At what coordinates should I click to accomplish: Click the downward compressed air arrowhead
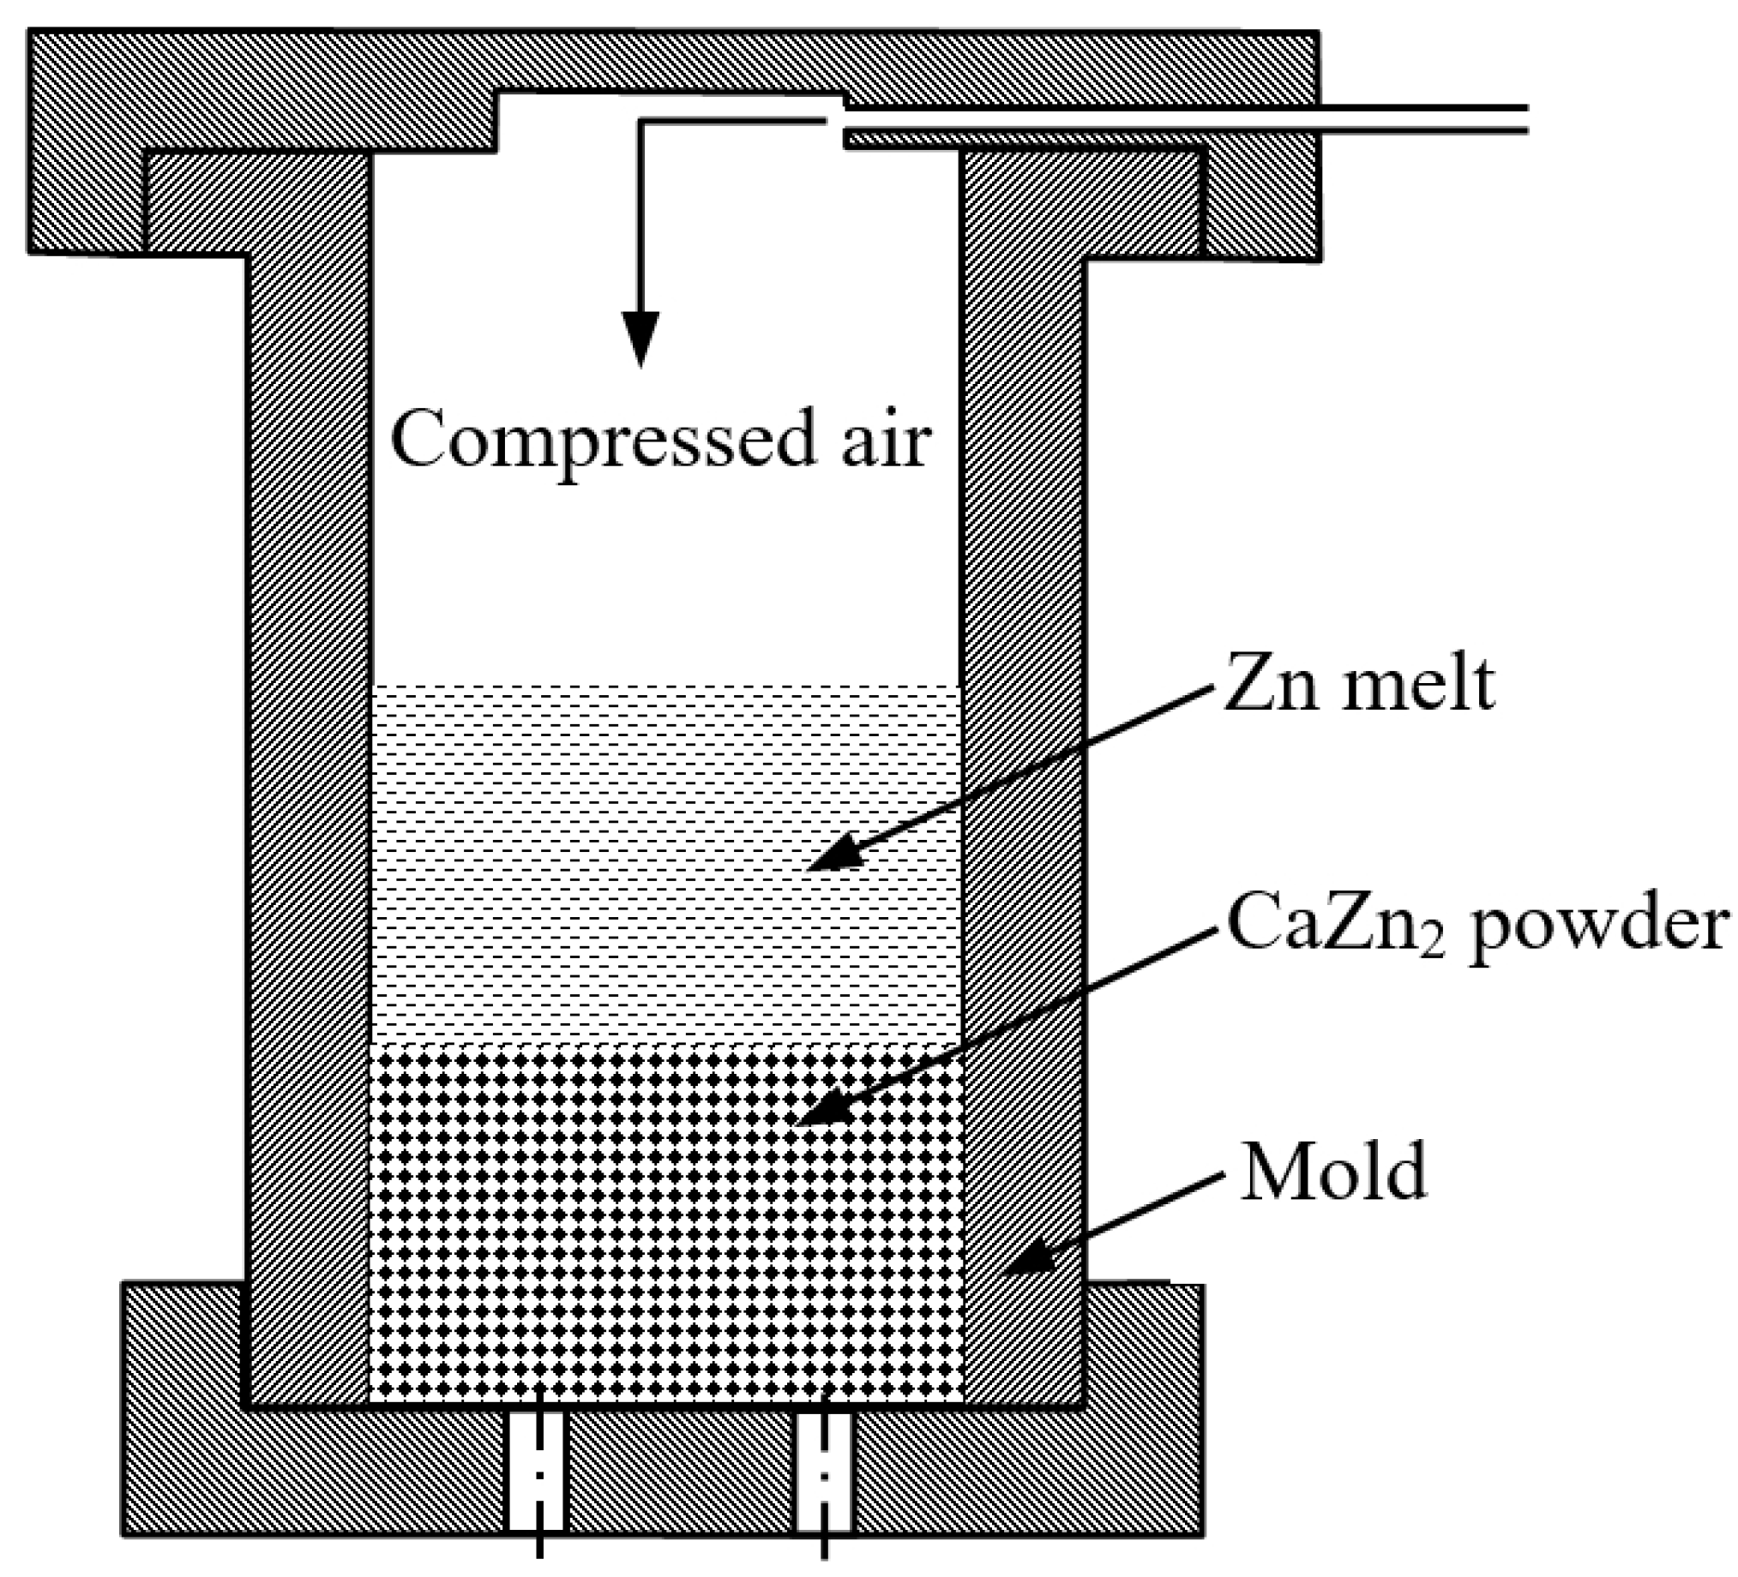pos(640,336)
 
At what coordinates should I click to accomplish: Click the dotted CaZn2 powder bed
pos(604,1250)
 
